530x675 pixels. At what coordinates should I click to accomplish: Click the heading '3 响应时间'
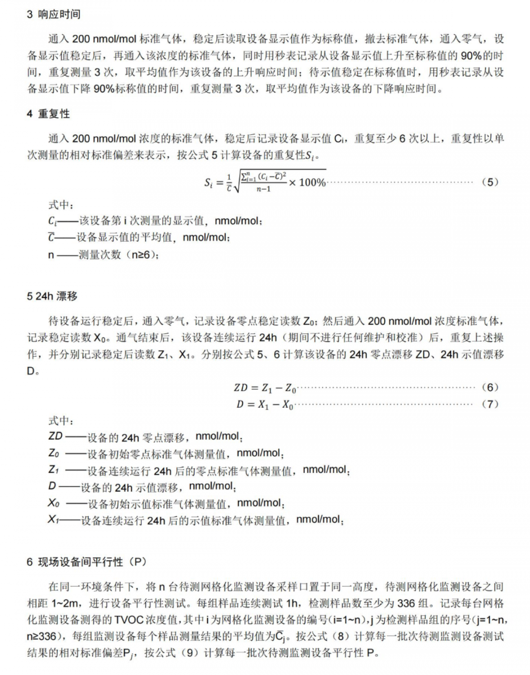[x=53, y=14]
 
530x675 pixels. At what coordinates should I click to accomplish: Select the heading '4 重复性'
[x=48, y=114]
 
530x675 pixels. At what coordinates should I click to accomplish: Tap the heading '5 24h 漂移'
[x=52, y=296]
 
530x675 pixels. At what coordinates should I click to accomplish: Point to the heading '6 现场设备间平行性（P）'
[x=86, y=562]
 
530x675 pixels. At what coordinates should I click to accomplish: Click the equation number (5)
[x=490, y=182]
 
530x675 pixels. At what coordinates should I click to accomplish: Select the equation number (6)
[x=490, y=387]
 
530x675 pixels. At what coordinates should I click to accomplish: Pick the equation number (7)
[x=490, y=404]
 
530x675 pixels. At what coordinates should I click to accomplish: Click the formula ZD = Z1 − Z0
[x=265, y=388]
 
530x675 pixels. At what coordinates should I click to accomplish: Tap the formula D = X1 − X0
[x=265, y=404]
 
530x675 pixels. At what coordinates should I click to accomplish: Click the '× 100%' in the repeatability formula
[x=307, y=182]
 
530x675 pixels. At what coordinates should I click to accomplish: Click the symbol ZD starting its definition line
[x=55, y=436]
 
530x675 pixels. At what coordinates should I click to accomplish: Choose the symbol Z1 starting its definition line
[x=53, y=470]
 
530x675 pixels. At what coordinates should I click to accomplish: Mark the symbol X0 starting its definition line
[x=53, y=503]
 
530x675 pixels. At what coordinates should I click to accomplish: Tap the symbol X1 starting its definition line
[x=53, y=520]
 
